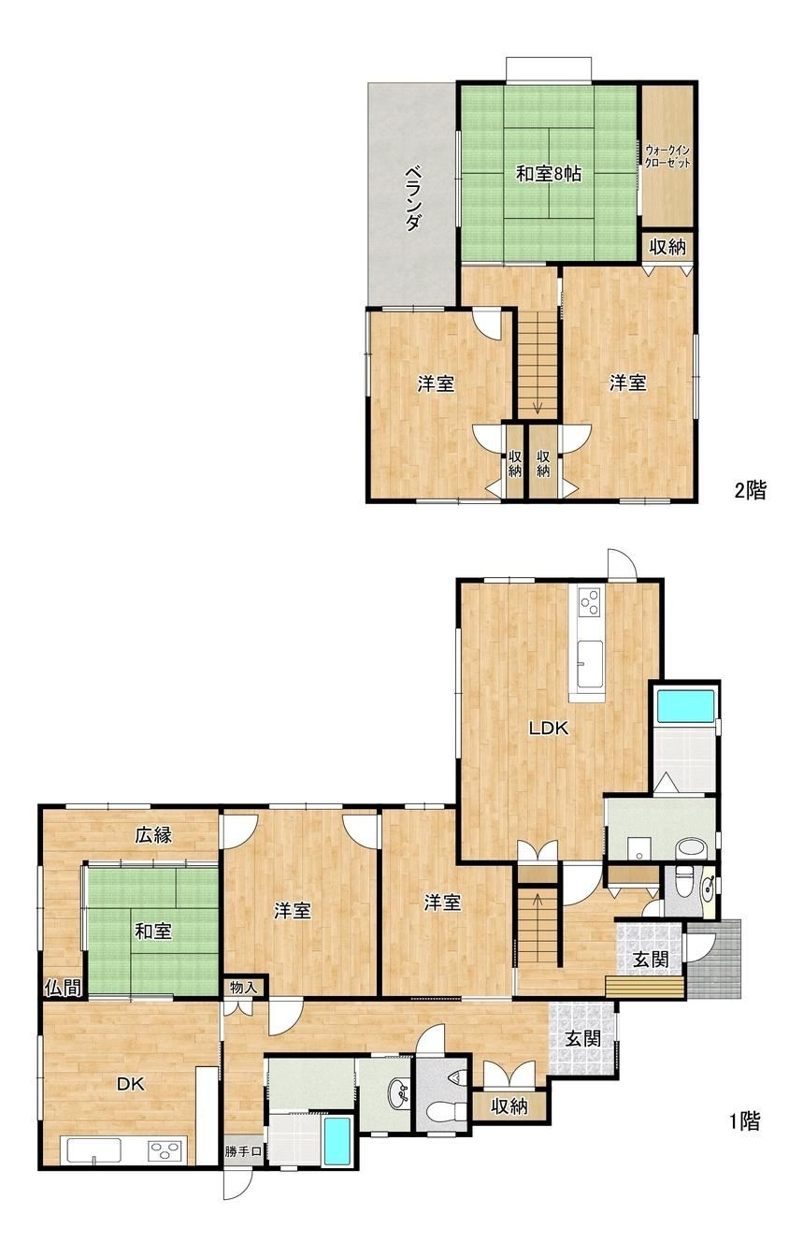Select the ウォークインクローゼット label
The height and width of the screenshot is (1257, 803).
(667, 156)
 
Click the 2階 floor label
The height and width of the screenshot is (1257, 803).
(750, 490)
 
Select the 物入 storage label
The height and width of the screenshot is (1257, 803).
(243, 987)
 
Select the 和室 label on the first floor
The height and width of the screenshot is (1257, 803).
(152, 932)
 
